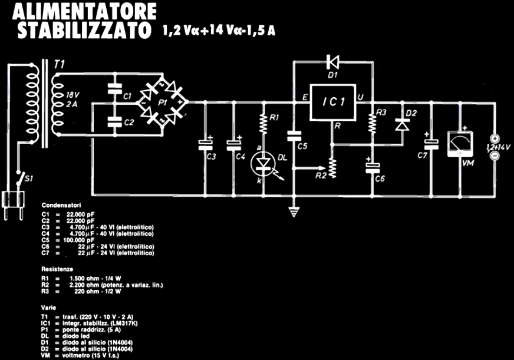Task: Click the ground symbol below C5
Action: click(x=293, y=209)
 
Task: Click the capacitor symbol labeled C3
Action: click(x=206, y=143)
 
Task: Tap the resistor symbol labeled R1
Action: click(x=262, y=122)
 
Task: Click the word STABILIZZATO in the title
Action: click(x=82, y=31)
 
